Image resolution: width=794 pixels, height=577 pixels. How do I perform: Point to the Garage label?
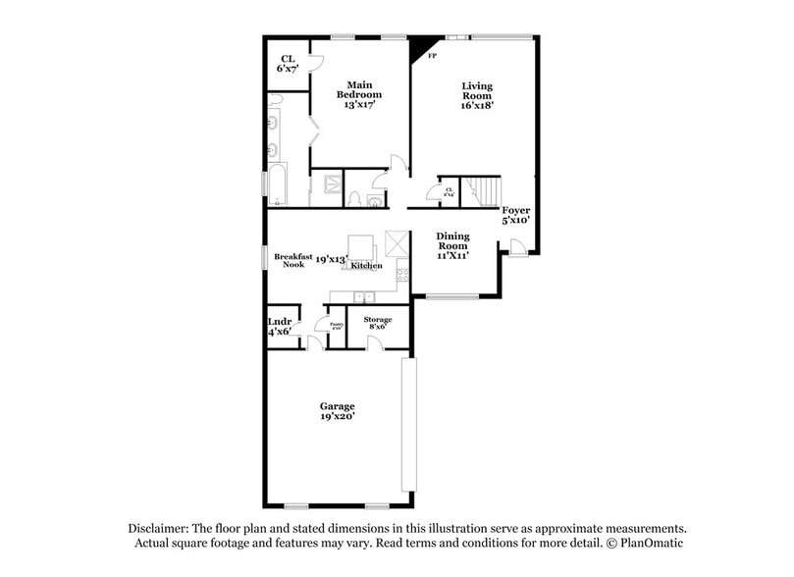(337, 410)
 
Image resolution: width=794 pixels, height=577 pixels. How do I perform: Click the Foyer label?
(516, 216)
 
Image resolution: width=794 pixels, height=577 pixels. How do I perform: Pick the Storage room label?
(377, 325)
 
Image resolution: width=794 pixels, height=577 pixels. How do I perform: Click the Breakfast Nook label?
(293, 260)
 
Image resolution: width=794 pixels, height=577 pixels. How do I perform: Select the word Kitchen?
(366, 266)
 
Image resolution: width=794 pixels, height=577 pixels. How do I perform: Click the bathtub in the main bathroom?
(276, 186)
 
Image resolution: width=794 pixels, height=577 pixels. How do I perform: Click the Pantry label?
(336, 325)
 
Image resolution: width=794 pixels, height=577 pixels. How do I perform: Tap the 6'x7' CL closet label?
(287, 64)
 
